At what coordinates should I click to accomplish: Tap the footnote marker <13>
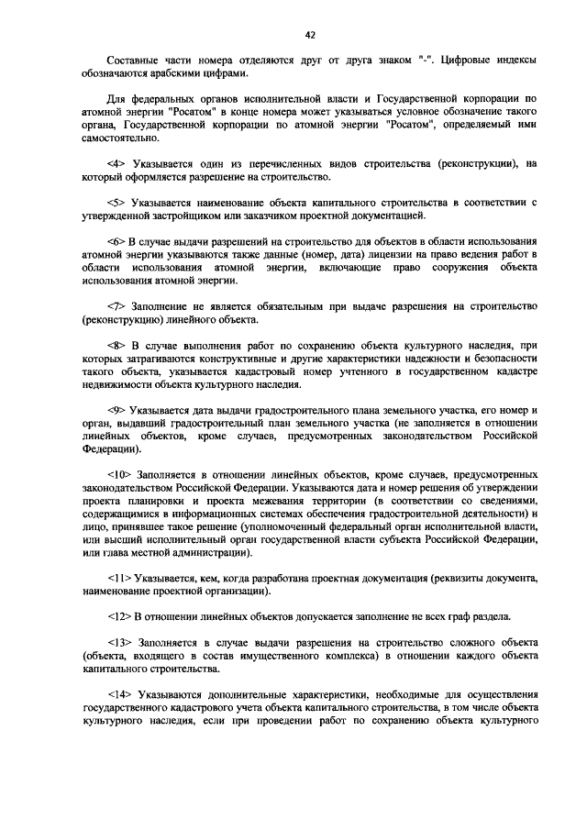coord(119,642)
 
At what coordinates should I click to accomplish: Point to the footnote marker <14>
coord(119,693)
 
